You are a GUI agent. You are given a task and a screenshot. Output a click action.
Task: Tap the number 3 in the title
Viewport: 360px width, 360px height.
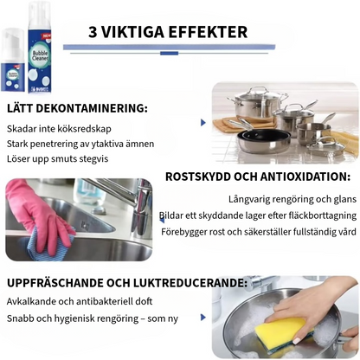point(93,32)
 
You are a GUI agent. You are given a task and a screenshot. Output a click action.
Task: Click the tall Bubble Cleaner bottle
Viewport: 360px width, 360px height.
point(39,48)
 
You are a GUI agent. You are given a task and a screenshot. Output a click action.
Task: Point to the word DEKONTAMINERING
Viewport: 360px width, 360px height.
point(92,108)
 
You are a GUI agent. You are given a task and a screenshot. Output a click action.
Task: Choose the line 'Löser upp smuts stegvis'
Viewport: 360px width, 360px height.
point(58,159)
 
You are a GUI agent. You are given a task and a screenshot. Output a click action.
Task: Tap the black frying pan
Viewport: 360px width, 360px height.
point(263,137)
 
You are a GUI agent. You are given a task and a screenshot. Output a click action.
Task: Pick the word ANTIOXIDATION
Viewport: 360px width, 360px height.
point(305,177)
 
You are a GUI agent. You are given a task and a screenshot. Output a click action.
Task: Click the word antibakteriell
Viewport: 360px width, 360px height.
point(105,301)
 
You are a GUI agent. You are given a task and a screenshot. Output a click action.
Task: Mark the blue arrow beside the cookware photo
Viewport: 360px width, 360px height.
point(203,122)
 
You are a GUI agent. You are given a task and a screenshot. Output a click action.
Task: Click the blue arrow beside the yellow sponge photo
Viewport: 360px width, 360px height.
point(203,318)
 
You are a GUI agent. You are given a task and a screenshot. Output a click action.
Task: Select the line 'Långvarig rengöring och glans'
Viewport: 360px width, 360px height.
point(292,199)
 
